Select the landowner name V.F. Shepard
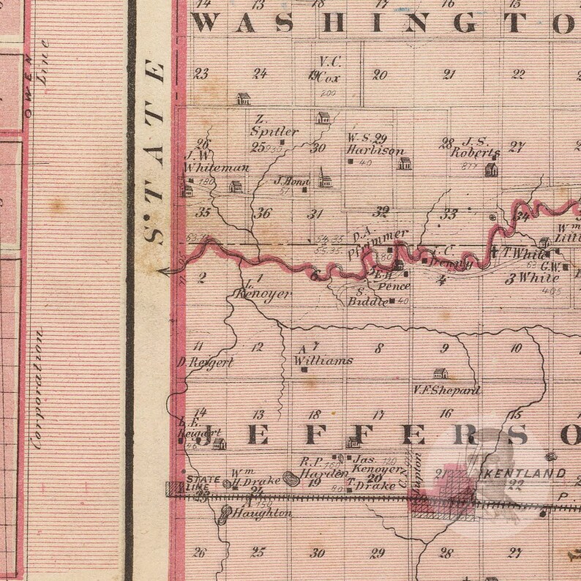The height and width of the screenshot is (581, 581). (446, 390)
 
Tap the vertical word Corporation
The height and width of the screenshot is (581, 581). (38, 388)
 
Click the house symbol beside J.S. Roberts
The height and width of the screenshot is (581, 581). (491, 170)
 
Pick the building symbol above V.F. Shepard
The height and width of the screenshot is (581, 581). (440, 373)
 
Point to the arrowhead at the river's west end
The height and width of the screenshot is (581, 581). (165, 271)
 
